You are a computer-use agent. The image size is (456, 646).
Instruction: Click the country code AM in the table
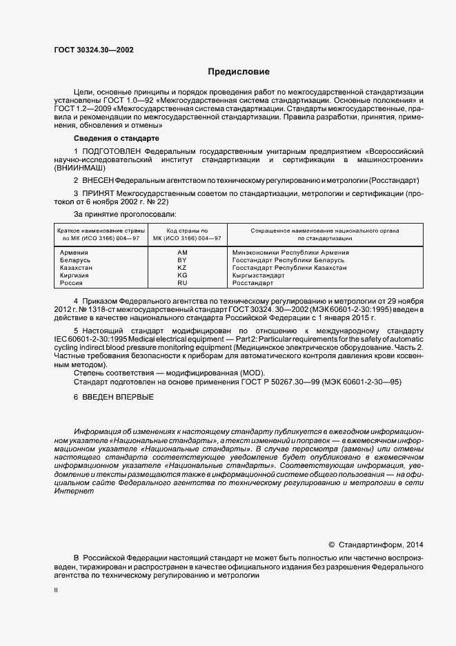[183, 253]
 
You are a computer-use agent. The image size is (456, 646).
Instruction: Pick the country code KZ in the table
[182, 268]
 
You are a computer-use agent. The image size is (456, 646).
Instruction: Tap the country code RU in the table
[182, 283]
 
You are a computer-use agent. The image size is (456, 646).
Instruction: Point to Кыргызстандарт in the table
[259, 275]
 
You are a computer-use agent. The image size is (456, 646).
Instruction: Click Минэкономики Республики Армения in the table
[290, 253]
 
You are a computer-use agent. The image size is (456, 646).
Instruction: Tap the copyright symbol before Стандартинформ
[331, 543]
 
